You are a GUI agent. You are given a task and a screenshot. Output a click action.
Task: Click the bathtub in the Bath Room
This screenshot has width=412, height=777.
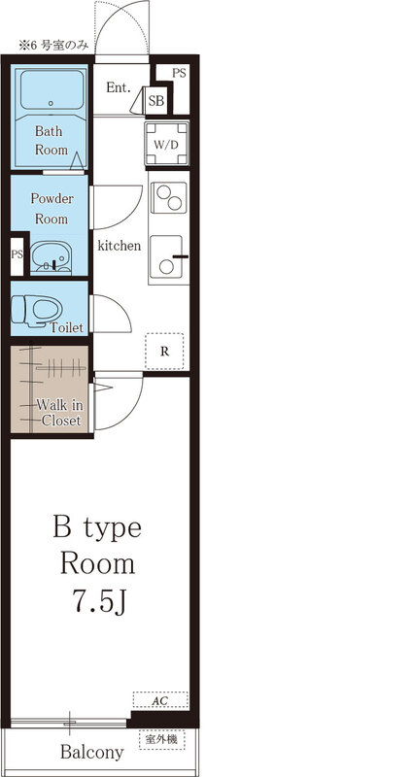click(51, 97)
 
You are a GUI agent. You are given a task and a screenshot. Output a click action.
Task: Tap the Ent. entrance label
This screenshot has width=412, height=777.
click(118, 87)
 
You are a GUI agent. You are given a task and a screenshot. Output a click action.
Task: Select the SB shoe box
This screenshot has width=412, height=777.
click(156, 100)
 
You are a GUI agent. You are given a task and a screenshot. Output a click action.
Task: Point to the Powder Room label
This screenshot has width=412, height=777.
click(51, 209)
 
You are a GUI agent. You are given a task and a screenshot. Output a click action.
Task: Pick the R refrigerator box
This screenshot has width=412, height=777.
click(165, 352)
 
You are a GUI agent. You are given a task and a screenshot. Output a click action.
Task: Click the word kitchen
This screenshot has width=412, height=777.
click(120, 246)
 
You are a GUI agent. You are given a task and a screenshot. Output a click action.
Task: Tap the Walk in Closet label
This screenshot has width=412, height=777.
click(59, 412)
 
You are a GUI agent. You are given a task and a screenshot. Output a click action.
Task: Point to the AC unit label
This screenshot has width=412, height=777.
click(160, 699)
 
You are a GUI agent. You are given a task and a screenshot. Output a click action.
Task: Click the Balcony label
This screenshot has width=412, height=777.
click(92, 752)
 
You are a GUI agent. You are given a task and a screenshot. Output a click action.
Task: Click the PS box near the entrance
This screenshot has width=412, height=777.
click(180, 73)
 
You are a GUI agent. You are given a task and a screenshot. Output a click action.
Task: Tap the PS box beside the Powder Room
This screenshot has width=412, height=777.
click(17, 254)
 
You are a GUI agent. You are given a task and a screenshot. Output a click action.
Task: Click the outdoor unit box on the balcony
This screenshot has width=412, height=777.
click(160, 740)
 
